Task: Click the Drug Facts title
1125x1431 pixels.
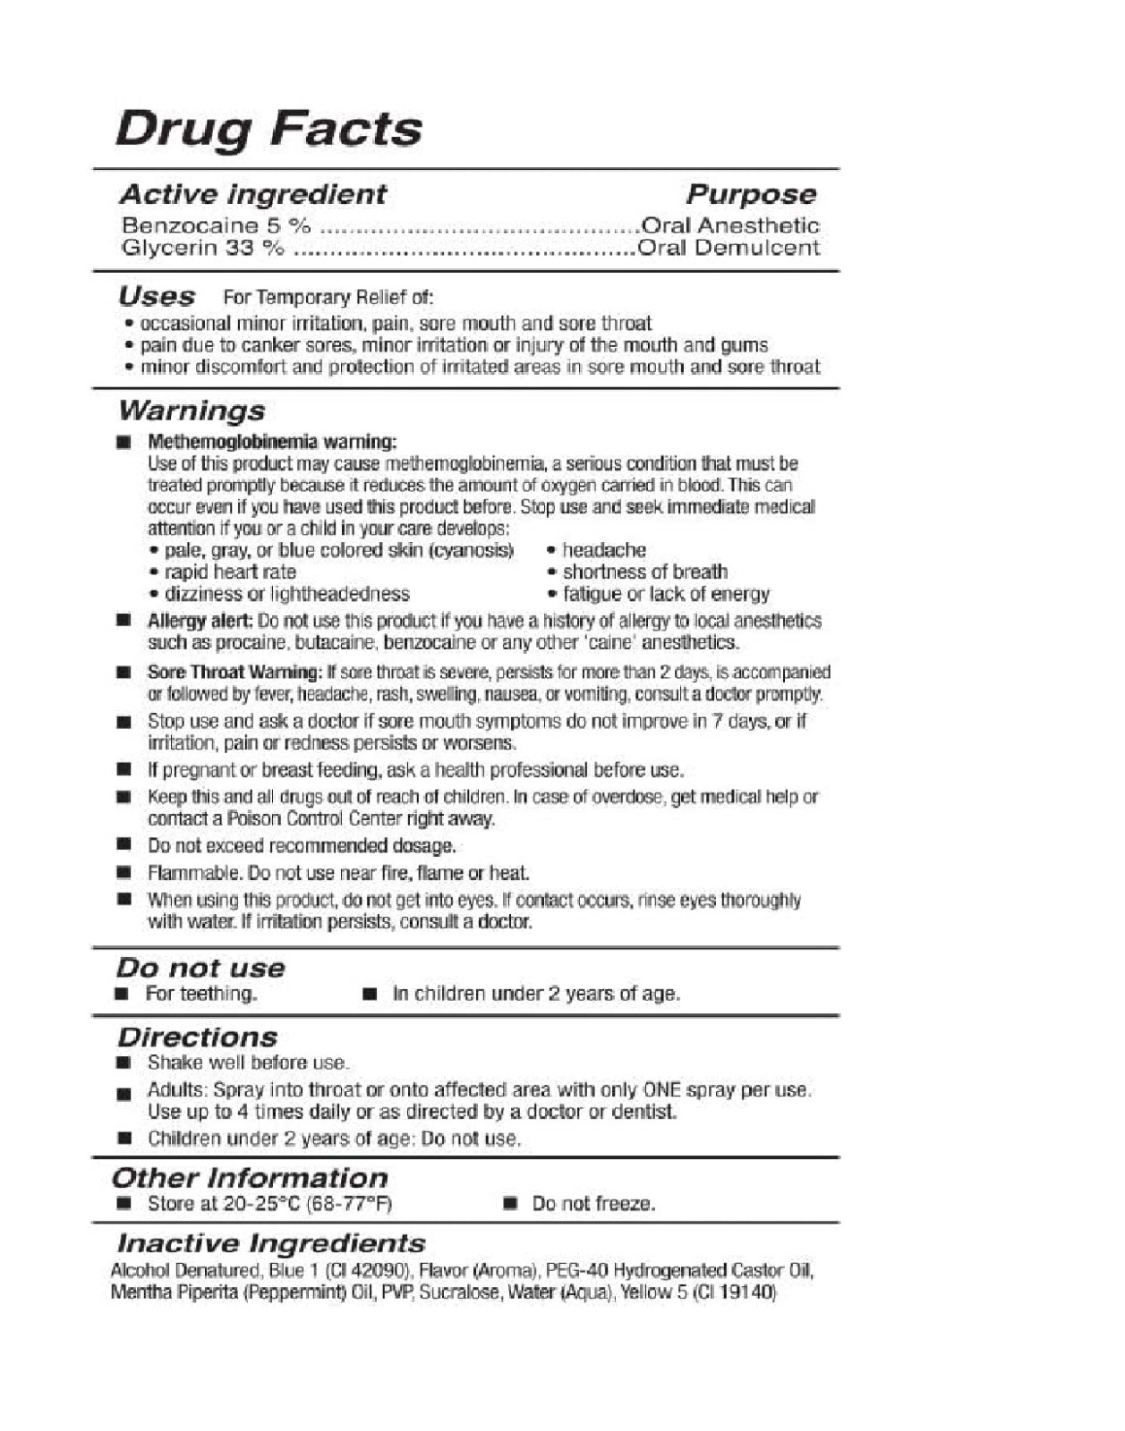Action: pyautogui.click(x=268, y=129)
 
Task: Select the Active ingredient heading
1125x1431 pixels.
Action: pyautogui.click(x=253, y=194)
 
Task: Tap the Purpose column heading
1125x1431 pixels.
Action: pyautogui.click(x=751, y=194)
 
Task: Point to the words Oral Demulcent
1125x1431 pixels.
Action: pyautogui.click(x=729, y=248)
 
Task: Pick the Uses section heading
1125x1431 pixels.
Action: pyautogui.click(x=157, y=296)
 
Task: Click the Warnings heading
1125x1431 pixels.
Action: pyautogui.click(x=192, y=411)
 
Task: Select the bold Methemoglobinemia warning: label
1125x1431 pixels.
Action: pyautogui.click(x=271, y=442)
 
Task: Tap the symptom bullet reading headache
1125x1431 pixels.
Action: pyautogui.click(x=603, y=550)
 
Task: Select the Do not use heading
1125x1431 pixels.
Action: pyautogui.click(x=200, y=968)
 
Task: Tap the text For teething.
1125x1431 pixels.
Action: pyautogui.click(x=201, y=994)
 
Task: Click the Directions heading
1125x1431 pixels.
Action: pyautogui.click(x=197, y=1037)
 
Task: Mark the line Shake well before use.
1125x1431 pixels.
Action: pyautogui.click(x=248, y=1063)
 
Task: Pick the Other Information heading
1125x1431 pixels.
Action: pyautogui.click(x=250, y=1178)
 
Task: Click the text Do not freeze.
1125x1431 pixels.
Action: pyautogui.click(x=593, y=1204)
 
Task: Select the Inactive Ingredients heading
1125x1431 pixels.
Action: pyautogui.click(x=271, y=1243)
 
